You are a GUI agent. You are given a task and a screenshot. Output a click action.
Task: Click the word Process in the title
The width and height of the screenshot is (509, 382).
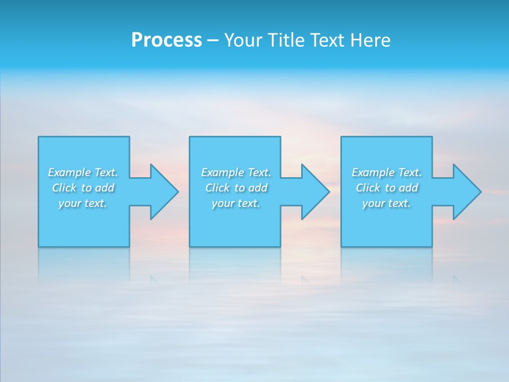coord(166,40)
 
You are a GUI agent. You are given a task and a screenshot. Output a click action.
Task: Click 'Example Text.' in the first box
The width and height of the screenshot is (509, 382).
coord(83,172)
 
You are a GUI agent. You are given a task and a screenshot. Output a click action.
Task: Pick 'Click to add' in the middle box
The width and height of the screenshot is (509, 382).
coord(236,188)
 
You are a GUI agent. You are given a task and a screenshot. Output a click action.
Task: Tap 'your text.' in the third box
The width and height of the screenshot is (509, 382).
coord(387,203)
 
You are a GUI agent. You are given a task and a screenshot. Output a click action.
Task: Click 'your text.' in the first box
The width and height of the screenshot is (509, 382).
coord(83,203)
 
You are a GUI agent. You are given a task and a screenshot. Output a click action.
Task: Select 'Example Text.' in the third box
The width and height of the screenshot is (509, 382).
coord(387,172)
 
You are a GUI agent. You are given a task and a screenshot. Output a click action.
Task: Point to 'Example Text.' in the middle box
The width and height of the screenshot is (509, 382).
coord(236,172)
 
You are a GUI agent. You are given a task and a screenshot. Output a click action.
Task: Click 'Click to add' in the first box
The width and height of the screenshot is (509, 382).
coord(83,188)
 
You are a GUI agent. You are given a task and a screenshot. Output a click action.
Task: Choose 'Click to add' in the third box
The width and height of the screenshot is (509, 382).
coord(387,188)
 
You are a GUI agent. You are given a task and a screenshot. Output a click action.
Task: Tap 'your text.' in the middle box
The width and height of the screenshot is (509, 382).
coord(236,203)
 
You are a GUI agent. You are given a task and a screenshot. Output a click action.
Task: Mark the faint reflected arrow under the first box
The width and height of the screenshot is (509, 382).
coord(154,279)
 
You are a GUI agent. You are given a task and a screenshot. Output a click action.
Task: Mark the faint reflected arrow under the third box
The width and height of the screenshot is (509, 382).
coord(457,279)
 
